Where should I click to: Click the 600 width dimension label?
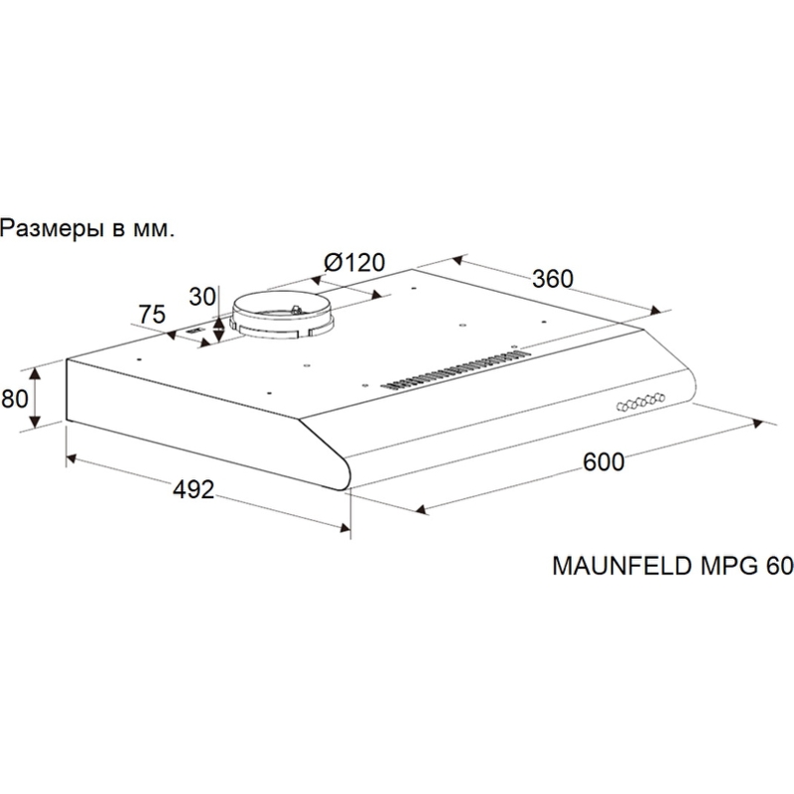[x=603, y=462]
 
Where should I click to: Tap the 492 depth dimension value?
[x=194, y=489]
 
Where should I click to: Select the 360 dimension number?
[x=553, y=279]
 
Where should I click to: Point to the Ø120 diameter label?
[x=354, y=262]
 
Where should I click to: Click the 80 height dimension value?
[x=15, y=399]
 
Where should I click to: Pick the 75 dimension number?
[x=152, y=315]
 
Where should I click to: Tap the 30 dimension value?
[x=202, y=297]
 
